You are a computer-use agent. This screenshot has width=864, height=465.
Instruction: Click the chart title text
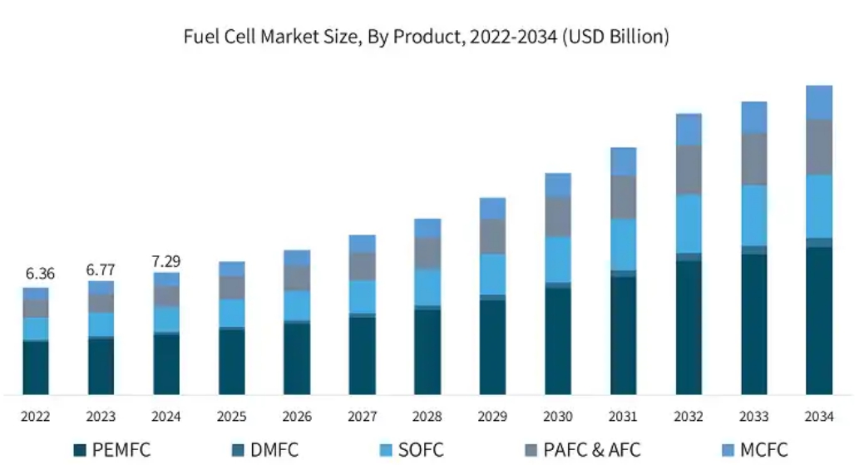coord(426,37)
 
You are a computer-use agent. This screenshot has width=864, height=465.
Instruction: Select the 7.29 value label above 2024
coord(166,261)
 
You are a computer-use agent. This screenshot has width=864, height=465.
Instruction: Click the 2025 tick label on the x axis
coord(231,416)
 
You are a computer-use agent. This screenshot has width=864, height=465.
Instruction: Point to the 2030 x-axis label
coord(558,416)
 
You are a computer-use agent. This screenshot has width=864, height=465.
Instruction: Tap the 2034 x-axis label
coord(819,416)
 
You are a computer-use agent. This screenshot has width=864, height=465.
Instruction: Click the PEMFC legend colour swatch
coord(80,450)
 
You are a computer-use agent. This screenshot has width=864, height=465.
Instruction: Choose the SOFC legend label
coord(420,450)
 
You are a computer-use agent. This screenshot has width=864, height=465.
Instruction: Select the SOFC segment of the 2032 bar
coord(689,224)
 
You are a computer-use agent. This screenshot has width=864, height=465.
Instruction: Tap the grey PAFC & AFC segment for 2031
coord(623,197)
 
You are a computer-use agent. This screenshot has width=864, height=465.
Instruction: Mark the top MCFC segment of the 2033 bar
coord(753,117)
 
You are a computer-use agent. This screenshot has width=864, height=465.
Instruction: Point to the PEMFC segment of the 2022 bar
coord(35,367)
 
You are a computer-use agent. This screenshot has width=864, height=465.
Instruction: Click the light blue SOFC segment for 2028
coord(427,287)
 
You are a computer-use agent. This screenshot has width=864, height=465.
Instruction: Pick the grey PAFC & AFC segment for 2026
coord(297,278)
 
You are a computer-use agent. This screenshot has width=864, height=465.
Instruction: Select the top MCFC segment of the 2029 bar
coord(492,208)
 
